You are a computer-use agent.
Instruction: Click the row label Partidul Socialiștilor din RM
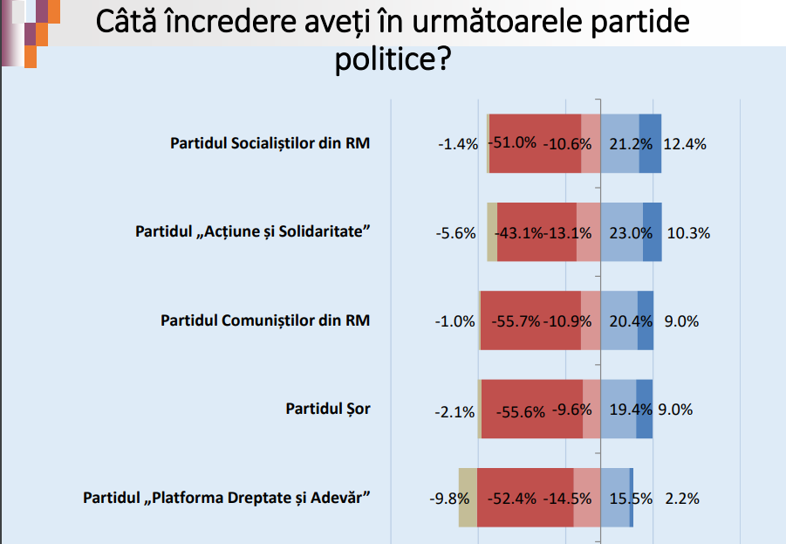pyautogui.click(x=270, y=143)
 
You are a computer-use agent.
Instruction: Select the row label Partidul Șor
pyautogui.click(x=328, y=409)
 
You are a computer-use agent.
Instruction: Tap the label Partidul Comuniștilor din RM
pyautogui.click(x=265, y=320)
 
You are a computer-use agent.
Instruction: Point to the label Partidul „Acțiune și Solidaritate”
pyautogui.click(x=253, y=232)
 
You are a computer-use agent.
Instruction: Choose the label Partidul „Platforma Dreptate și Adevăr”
pyautogui.click(x=227, y=498)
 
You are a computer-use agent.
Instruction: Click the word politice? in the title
pyautogui.click(x=393, y=59)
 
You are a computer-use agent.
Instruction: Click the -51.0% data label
pyautogui.click(x=512, y=142)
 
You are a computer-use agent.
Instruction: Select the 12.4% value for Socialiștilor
pyautogui.click(x=685, y=145)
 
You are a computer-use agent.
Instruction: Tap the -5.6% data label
pyautogui.click(x=455, y=233)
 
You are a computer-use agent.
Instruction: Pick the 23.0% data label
pyautogui.click(x=631, y=233)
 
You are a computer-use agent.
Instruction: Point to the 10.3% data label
pyautogui.click(x=688, y=233)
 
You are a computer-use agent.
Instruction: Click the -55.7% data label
pyautogui.click(x=516, y=321)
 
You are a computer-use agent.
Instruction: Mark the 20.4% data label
pyautogui.click(x=631, y=321)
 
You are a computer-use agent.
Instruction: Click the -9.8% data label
pyautogui.click(x=449, y=499)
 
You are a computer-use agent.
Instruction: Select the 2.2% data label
pyautogui.click(x=681, y=499)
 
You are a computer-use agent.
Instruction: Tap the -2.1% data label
pyautogui.click(x=455, y=412)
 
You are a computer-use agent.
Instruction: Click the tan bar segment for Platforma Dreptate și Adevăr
pyautogui.click(x=468, y=498)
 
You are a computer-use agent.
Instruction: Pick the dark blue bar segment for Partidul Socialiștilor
pyautogui.click(x=650, y=143)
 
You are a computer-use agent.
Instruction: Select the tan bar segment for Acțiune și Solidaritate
pyautogui.click(x=492, y=232)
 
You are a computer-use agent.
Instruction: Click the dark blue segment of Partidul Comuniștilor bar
pyautogui.click(x=646, y=320)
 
